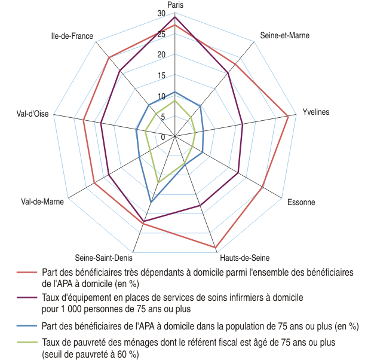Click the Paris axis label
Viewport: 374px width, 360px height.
pyautogui.click(x=175, y=5)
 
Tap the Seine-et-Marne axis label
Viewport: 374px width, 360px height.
pyautogui.click(x=285, y=36)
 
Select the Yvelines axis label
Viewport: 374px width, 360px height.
pyautogui.click(x=316, y=112)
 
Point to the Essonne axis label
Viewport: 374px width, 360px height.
pyautogui.click(x=301, y=202)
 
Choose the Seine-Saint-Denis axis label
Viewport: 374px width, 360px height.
pyautogui.click(x=103, y=258)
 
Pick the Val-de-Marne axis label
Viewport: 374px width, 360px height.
pyautogui.click(x=42, y=202)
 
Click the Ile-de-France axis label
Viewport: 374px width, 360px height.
pyautogui.click(x=72, y=36)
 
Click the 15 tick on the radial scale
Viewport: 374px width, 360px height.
pyautogui.click(x=163, y=76)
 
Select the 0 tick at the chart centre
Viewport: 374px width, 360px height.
pyautogui.click(x=163, y=138)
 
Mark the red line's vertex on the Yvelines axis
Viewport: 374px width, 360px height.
pyautogui.click(x=289, y=115)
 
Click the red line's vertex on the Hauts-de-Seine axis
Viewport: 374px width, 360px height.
pyautogui.click(x=215, y=248)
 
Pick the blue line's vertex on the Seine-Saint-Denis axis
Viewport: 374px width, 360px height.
pyautogui.click(x=151, y=202)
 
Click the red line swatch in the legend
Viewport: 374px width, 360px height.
pyautogui.click(x=27, y=272)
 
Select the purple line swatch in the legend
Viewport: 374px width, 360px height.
pyautogui.click(x=27, y=297)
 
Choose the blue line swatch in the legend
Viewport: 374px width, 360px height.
pyautogui.click(x=27, y=327)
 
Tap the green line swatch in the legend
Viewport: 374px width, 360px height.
pyautogui.click(x=27, y=343)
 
